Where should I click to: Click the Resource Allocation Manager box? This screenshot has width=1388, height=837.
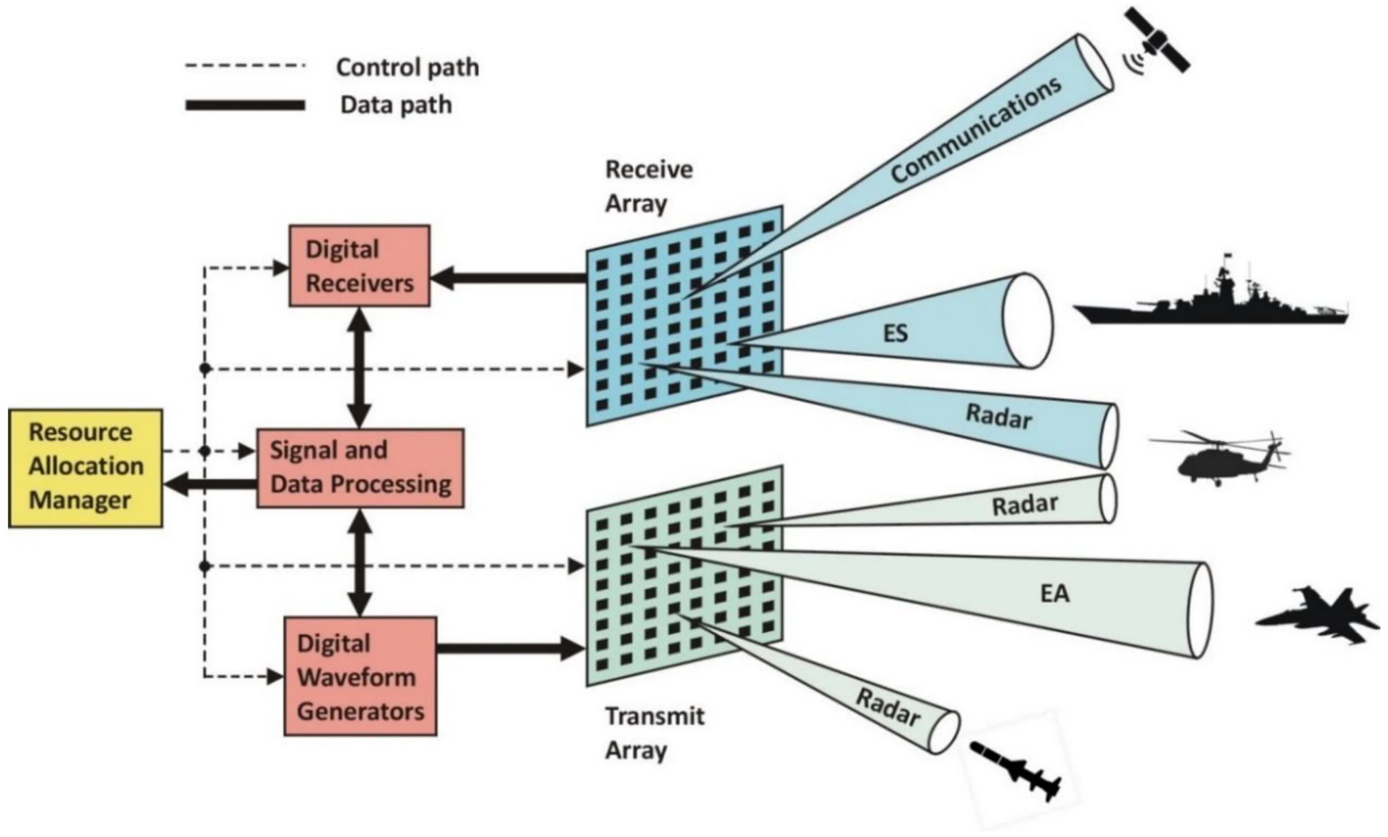point(86,468)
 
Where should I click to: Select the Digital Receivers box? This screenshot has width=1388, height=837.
point(359,266)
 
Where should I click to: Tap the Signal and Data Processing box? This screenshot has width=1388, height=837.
point(360,468)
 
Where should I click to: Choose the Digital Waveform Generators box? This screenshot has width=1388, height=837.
point(360,676)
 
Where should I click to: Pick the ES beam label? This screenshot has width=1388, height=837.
point(896,334)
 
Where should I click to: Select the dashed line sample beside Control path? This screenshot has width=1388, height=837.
point(245,66)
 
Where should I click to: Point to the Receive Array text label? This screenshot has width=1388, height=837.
point(648,186)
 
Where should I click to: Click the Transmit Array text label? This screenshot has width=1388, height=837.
point(653,733)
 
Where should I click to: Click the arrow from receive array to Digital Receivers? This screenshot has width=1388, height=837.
point(507,278)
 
